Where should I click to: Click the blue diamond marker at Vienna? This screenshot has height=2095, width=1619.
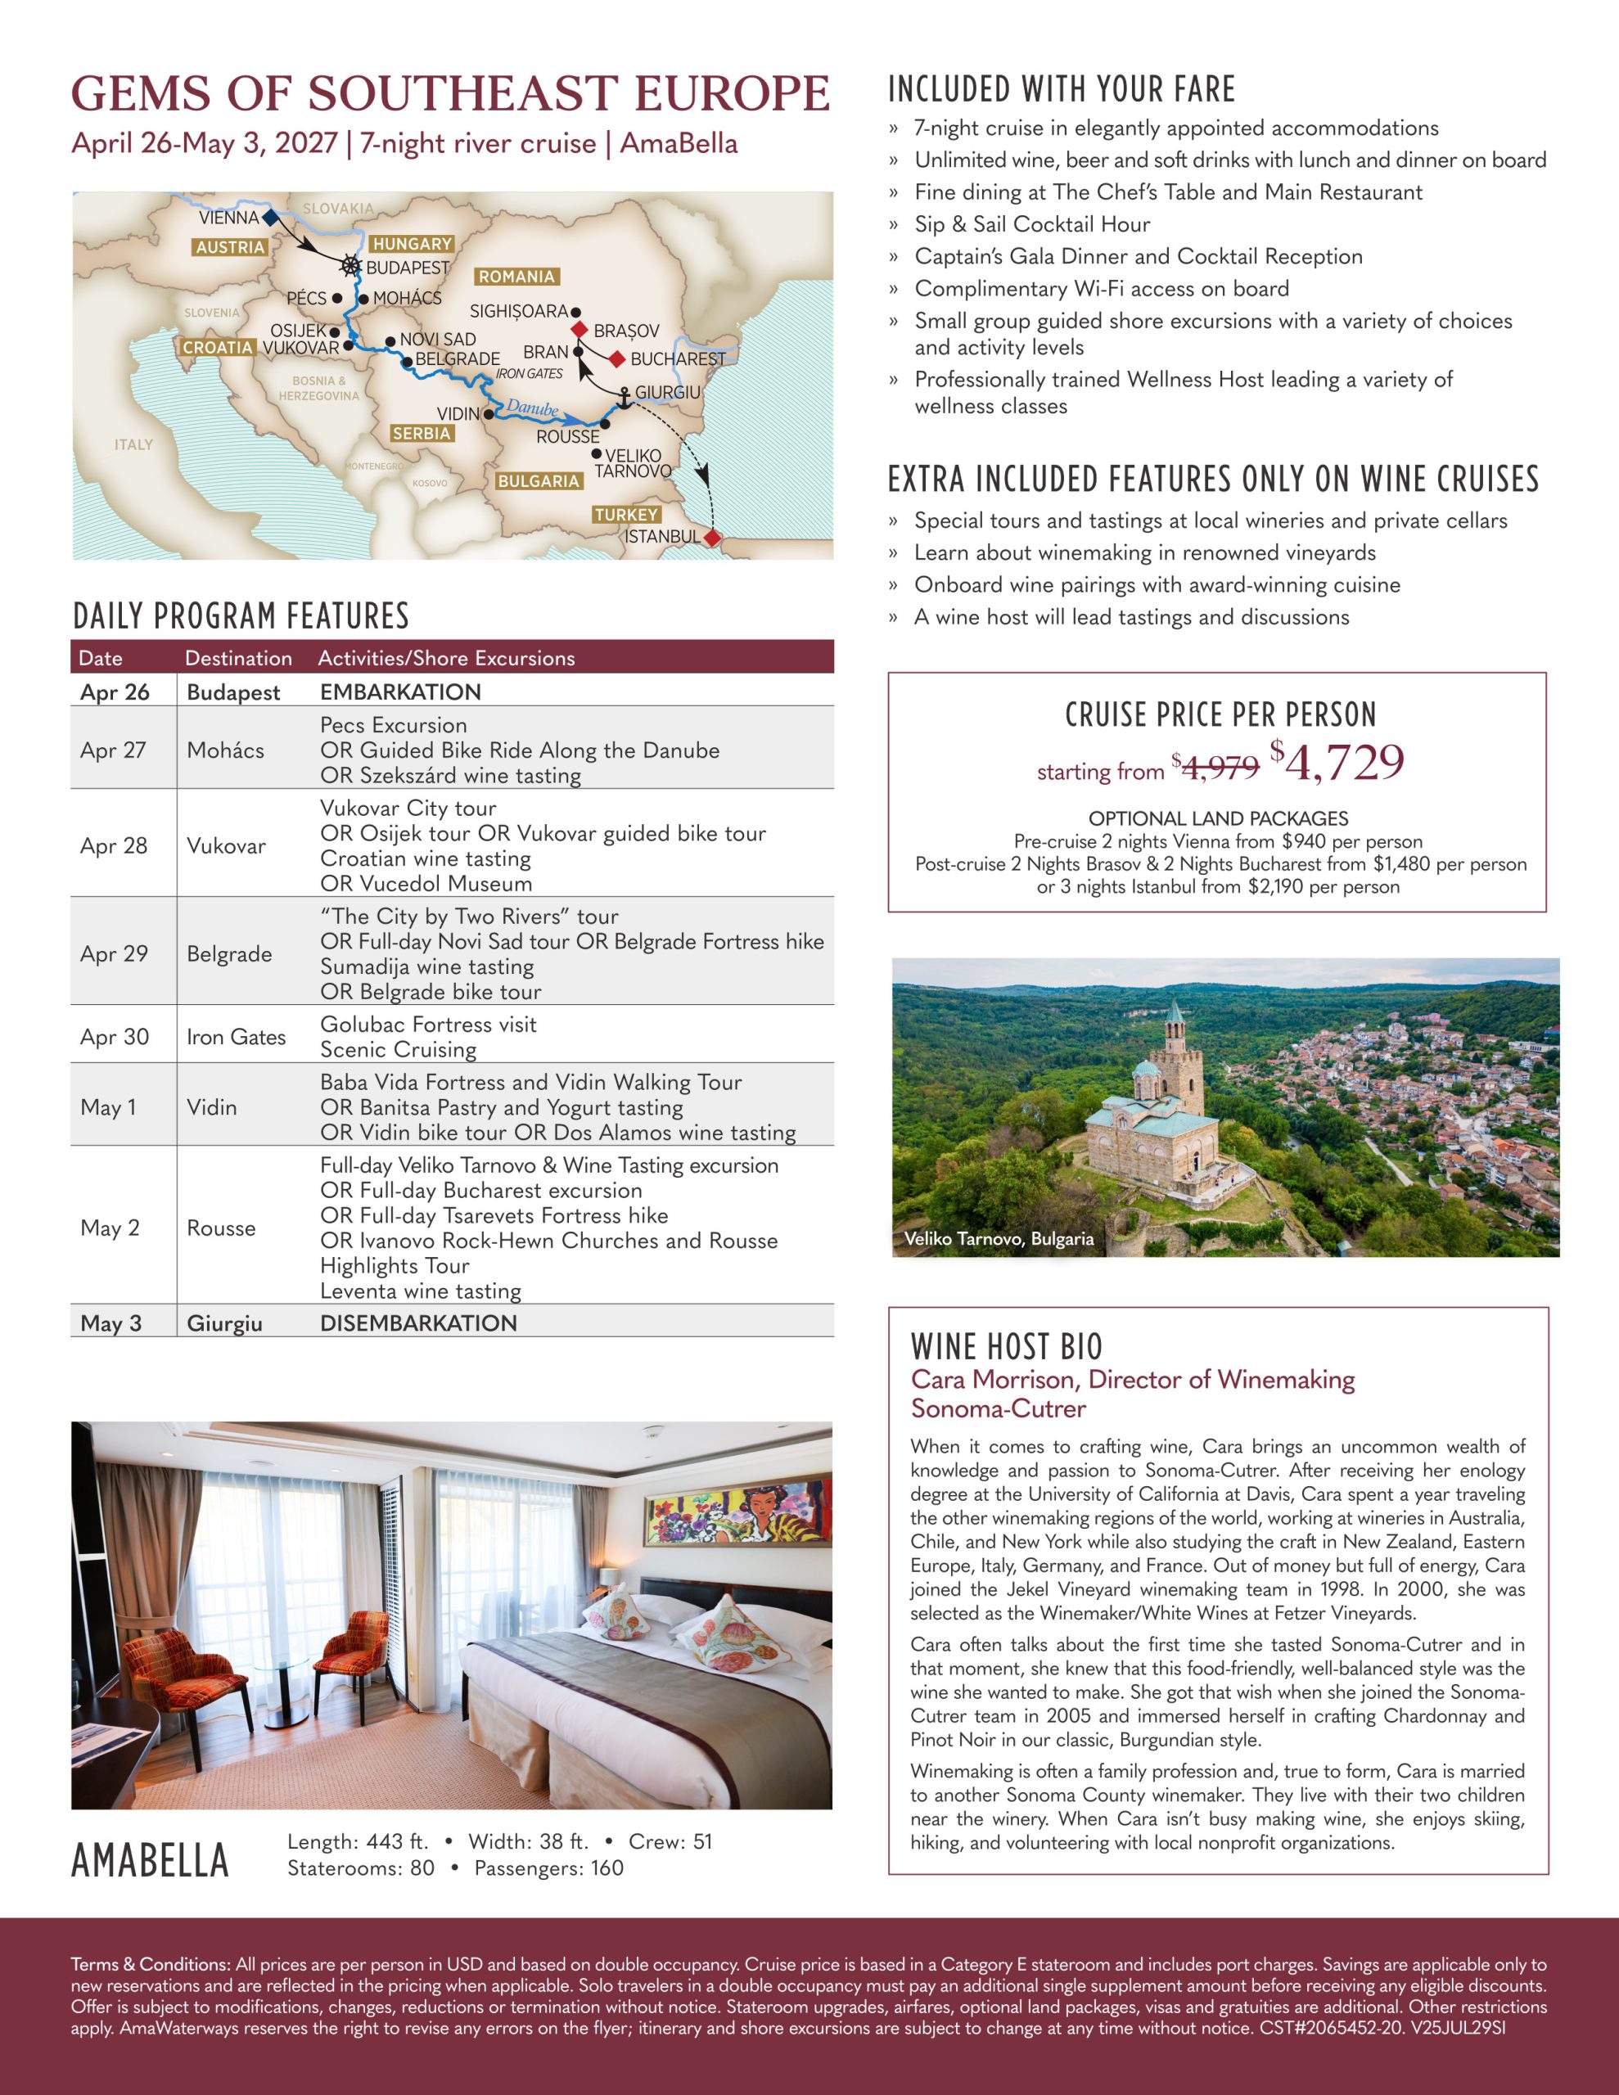tap(272, 218)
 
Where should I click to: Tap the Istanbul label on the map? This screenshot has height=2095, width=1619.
tap(662, 536)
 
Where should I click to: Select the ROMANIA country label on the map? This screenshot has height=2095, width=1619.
tap(516, 277)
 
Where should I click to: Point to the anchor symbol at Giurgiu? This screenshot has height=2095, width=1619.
tap(624, 396)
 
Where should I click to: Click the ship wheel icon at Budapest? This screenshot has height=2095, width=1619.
tap(351, 266)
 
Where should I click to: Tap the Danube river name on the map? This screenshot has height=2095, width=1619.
tap(533, 408)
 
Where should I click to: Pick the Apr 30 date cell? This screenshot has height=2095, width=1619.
tap(115, 1037)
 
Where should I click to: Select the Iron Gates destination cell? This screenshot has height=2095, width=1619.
tap(236, 1037)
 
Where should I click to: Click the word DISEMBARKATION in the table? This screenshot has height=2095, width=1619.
tap(418, 1322)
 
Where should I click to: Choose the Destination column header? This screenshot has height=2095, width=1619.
tap(238, 658)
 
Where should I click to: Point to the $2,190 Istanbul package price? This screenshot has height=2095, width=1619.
tap(1275, 886)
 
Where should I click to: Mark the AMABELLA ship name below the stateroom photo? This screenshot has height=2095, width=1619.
tap(151, 1861)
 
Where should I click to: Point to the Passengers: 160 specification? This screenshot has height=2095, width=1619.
tap(549, 1868)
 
